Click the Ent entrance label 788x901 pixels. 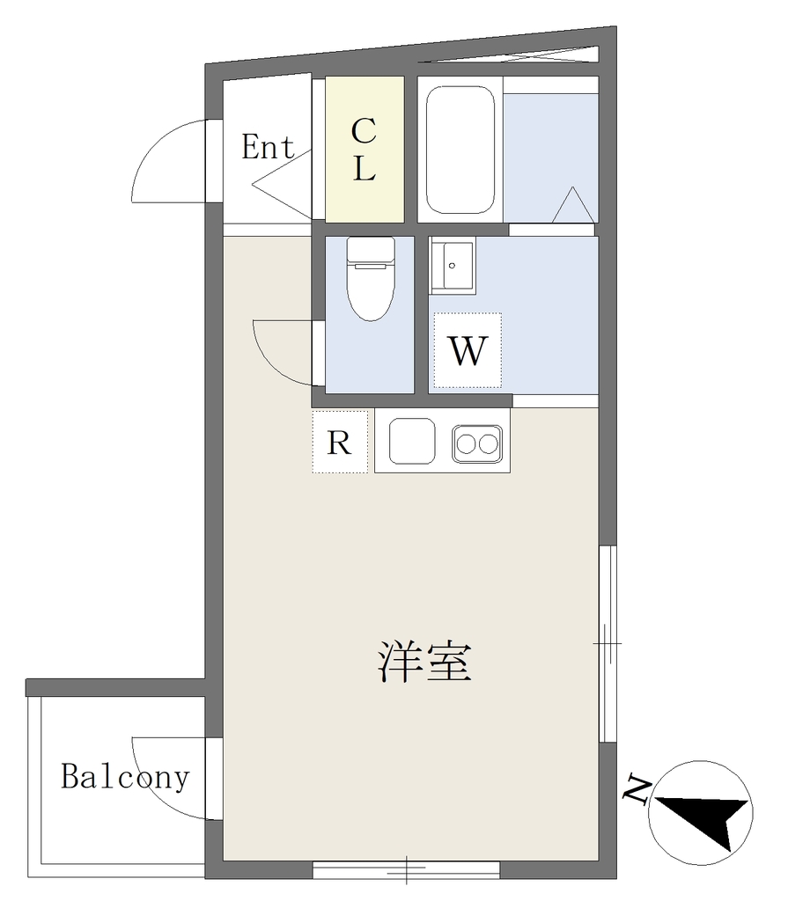[x=268, y=147]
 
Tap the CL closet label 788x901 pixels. [x=364, y=149]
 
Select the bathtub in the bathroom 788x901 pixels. [x=460, y=150]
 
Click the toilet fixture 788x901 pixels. [x=371, y=279]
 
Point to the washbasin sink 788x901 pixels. [x=453, y=266]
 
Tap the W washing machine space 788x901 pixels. [x=468, y=350]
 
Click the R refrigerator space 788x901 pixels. [x=340, y=442]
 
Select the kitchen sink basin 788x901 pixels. [x=412, y=441]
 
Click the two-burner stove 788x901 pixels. [x=477, y=444]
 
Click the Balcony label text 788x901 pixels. [x=125, y=777]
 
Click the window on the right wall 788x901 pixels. [x=608, y=643]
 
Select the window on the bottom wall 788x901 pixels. [x=406, y=869]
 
